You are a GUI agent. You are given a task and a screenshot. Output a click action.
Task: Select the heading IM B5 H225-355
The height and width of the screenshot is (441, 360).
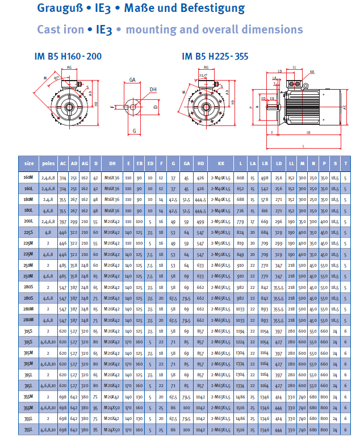click(215, 56)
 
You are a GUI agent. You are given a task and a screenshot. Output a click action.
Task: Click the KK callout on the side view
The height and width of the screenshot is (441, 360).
click(312, 73)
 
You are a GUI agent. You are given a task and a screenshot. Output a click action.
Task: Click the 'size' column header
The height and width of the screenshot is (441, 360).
click(28, 163)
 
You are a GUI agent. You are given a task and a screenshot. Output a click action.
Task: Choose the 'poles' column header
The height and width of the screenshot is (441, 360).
click(49, 163)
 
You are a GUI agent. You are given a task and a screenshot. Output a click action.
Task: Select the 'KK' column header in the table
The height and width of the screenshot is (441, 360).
click(221, 163)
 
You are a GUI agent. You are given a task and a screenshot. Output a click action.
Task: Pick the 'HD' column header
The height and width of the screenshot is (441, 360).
click(200, 163)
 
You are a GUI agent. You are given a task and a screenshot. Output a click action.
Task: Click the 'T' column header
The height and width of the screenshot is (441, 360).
click(345, 163)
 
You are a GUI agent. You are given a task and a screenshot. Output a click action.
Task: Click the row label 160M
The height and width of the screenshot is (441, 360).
click(28, 178)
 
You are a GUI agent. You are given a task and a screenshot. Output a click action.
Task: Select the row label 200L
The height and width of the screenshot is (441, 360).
click(28, 221)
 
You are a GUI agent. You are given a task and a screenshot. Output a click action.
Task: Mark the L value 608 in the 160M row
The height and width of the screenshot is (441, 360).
click(240, 178)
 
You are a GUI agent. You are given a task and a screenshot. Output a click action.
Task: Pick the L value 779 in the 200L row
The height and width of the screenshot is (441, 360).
click(240, 221)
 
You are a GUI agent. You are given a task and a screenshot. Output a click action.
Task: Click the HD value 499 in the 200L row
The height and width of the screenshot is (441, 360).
click(200, 221)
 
